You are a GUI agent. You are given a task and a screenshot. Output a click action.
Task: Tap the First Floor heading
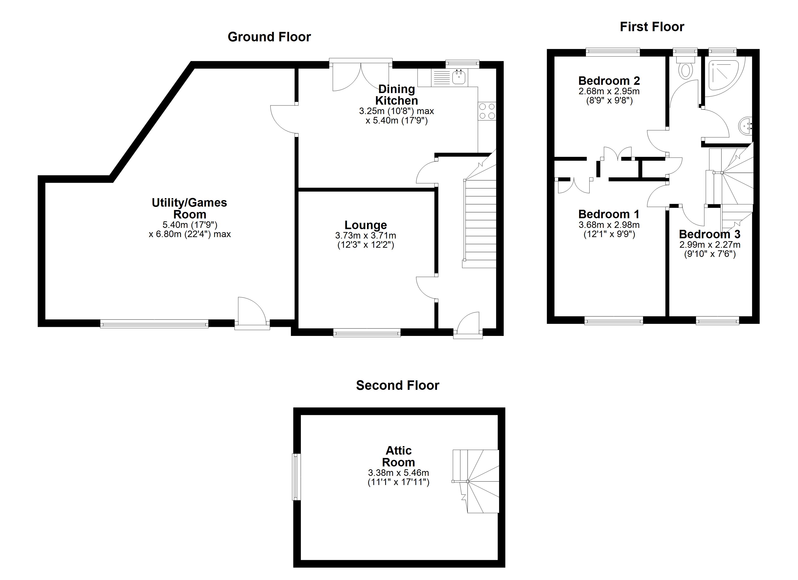tap(652, 27)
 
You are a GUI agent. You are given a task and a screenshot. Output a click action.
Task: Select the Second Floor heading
tap(398, 385)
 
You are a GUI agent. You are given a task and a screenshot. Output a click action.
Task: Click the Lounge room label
tap(366, 225)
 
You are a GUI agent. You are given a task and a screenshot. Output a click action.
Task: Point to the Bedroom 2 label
tap(609, 81)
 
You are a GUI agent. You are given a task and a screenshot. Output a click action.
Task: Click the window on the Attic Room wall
tap(296, 477)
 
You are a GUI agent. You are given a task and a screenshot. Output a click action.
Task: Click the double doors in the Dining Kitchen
tap(361, 76)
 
